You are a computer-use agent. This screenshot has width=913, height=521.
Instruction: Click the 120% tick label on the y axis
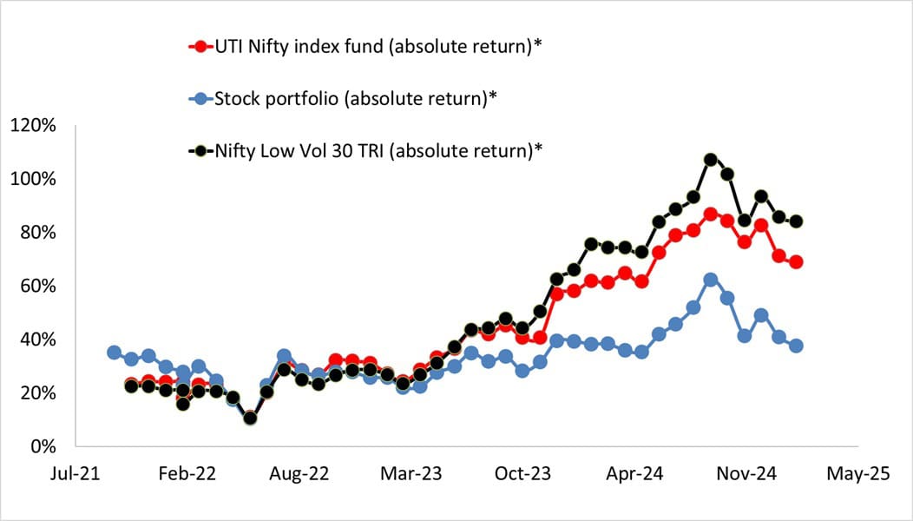click(x=33, y=126)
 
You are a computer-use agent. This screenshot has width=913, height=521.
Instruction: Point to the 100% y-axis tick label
click(x=33, y=180)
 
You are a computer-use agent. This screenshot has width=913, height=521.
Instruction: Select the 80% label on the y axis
click(x=37, y=233)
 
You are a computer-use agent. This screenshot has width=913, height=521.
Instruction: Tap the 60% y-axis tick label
click(x=37, y=287)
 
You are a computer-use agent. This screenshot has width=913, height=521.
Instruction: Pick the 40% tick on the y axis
click(x=37, y=340)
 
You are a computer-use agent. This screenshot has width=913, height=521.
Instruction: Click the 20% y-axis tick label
click(x=37, y=393)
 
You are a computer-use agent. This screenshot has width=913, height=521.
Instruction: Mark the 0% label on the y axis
click(x=43, y=446)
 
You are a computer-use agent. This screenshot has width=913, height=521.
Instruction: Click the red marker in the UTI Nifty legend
click(x=201, y=47)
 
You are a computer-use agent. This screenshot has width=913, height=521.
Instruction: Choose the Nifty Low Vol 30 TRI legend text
click(x=378, y=150)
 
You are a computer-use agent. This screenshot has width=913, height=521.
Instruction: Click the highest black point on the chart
click(x=710, y=160)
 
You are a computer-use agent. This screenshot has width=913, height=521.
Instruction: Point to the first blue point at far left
click(x=114, y=353)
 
